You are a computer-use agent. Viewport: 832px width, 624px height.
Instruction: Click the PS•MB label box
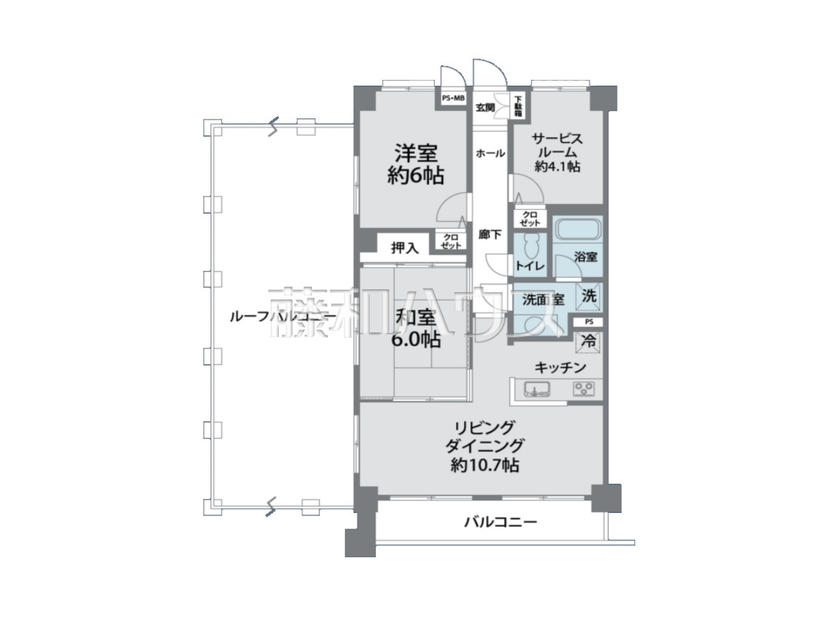[453, 99]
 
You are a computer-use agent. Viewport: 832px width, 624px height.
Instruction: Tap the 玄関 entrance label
[485, 108]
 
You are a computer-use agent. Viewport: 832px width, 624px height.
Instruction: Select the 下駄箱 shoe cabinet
[518, 106]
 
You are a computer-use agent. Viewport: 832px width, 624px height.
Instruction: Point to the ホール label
[491, 153]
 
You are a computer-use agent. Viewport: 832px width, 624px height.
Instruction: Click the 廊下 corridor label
[489, 235]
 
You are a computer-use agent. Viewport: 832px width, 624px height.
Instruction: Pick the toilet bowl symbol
[530, 246]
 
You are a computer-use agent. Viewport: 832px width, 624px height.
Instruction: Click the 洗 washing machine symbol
[589, 296]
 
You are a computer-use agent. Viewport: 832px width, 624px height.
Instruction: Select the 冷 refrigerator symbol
[588, 342]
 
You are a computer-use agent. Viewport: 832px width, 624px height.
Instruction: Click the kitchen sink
[537, 389]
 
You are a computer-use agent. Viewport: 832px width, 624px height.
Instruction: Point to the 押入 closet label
[405, 248]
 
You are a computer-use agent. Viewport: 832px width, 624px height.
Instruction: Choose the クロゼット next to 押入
[450, 241]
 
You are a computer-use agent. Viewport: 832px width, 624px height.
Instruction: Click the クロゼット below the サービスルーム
[530, 219]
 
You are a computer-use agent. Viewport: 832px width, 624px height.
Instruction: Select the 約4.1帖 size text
[557, 166]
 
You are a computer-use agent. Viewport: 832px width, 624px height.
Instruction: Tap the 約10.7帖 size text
[485, 465]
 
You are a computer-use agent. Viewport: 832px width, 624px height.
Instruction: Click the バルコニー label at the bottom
[500, 523]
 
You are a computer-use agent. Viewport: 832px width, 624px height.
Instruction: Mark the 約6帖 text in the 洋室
[415, 175]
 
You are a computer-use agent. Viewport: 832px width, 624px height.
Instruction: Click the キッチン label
[560, 367]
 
